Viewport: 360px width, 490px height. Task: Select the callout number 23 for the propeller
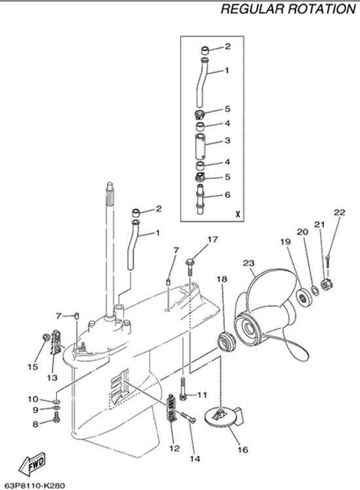pos(249,263)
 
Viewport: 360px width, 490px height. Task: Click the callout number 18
pos(222,279)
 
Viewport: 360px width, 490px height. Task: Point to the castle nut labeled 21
pos(327,283)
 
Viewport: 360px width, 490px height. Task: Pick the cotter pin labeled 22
pos(327,260)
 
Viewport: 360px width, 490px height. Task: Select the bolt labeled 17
pos(190,267)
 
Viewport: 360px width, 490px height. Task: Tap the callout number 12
pos(175,448)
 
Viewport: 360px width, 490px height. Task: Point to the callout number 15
pos(33,366)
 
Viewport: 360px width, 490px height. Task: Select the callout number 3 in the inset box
pos(227,141)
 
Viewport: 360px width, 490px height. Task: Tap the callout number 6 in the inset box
pos(227,195)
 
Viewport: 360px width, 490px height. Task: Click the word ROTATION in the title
pos(321,9)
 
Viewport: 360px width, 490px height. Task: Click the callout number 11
pos(202,394)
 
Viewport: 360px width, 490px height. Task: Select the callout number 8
pos(35,424)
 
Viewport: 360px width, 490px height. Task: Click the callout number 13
pos(52,377)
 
